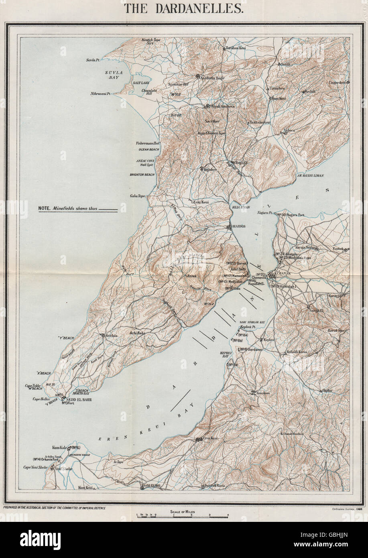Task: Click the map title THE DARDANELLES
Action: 184,8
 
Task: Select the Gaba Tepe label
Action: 137,196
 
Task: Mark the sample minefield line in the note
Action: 108,209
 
